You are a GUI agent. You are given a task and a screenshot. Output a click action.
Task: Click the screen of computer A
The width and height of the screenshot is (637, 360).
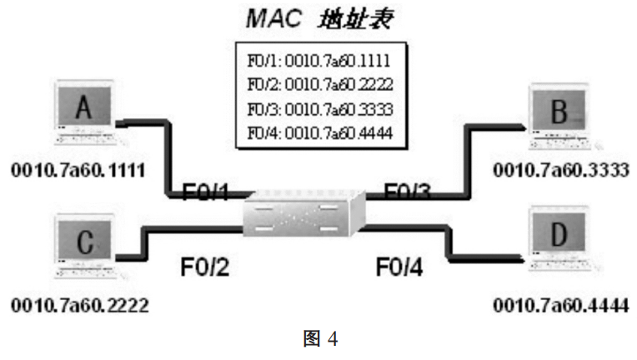(x=84, y=106)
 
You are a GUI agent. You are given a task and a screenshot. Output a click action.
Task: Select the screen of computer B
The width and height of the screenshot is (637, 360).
(x=559, y=110)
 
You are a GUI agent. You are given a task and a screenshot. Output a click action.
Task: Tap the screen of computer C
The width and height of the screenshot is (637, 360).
(x=84, y=240)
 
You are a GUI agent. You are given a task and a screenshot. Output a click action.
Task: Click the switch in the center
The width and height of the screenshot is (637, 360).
(x=303, y=213)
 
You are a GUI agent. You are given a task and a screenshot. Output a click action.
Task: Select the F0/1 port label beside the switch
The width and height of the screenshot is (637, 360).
(x=206, y=192)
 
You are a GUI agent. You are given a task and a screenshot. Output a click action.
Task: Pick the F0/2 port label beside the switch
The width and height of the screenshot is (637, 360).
(x=205, y=267)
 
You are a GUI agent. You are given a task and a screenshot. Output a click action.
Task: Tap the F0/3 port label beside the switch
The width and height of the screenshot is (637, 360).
(x=407, y=191)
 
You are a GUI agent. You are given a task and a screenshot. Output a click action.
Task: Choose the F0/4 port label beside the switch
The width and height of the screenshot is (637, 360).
(x=399, y=267)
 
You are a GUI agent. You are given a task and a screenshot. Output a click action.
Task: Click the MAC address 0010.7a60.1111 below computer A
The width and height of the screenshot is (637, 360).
(x=78, y=170)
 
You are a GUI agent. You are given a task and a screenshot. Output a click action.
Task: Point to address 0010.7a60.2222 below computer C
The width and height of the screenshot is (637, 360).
(x=80, y=305)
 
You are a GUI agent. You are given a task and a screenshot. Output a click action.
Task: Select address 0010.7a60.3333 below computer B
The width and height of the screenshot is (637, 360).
(x=561, y=170)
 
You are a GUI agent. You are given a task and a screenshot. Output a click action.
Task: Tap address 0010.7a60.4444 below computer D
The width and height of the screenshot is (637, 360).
(x=561, y=305)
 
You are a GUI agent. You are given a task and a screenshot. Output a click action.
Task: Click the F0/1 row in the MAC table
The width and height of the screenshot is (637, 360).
(x=318, y=61)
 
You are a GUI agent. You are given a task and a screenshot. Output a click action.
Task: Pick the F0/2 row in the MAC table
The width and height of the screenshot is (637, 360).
(x=320, y=84)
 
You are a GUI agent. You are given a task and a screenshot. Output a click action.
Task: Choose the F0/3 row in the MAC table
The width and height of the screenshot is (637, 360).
(x=320, y=109)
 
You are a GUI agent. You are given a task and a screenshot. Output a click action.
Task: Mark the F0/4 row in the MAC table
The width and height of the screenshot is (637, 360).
(x=320, y=133)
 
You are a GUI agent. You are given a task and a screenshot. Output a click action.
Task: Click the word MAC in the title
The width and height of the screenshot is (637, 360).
(x=274, y=18)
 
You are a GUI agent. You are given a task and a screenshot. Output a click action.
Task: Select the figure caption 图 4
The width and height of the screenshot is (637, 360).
(x=320, y=338)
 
